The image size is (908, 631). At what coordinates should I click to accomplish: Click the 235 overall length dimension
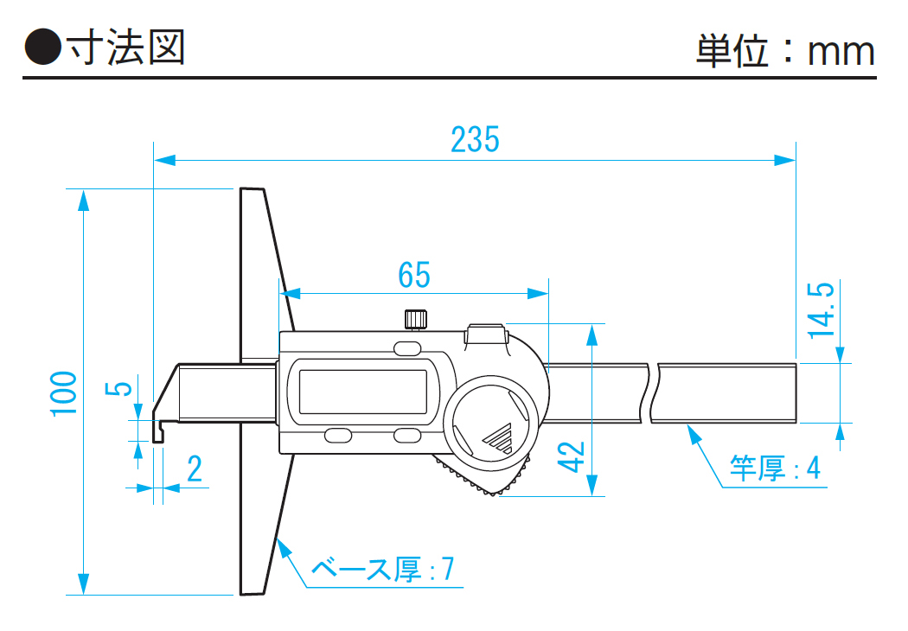coord(475,139)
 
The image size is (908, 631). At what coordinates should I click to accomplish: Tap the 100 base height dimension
coord(64,392)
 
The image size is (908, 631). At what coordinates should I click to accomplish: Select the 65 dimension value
coord(414,275)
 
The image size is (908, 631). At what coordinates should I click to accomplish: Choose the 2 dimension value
coord(194,469)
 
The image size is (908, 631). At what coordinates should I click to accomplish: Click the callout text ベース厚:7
coord(381,569)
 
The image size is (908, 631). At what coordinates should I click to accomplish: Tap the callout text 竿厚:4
coord(775,468)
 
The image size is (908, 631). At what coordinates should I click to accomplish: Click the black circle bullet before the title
coord(41,48)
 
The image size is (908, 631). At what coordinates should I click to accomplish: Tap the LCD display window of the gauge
coord(363,391)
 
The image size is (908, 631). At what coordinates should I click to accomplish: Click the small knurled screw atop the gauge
coord(414,319)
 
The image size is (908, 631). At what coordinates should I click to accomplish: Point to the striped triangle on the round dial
coord(499,438)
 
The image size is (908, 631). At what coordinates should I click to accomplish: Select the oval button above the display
coord(406,348)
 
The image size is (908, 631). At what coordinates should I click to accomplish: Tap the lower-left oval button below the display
coord(338,437)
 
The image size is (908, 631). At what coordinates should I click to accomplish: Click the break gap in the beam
coord(653,393)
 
